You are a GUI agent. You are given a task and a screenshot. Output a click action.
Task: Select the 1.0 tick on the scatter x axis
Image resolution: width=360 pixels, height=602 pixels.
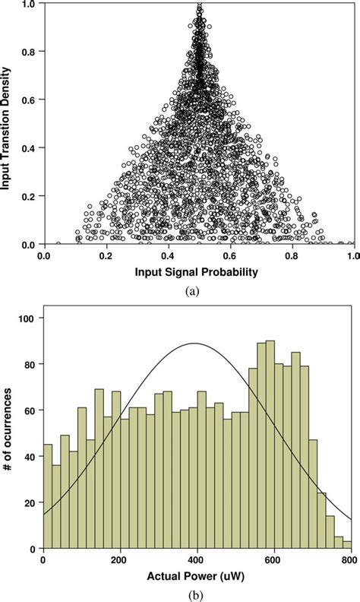click(351, 257)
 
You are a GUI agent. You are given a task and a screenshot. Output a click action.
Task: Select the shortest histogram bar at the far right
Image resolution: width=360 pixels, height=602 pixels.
click(347, 544)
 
